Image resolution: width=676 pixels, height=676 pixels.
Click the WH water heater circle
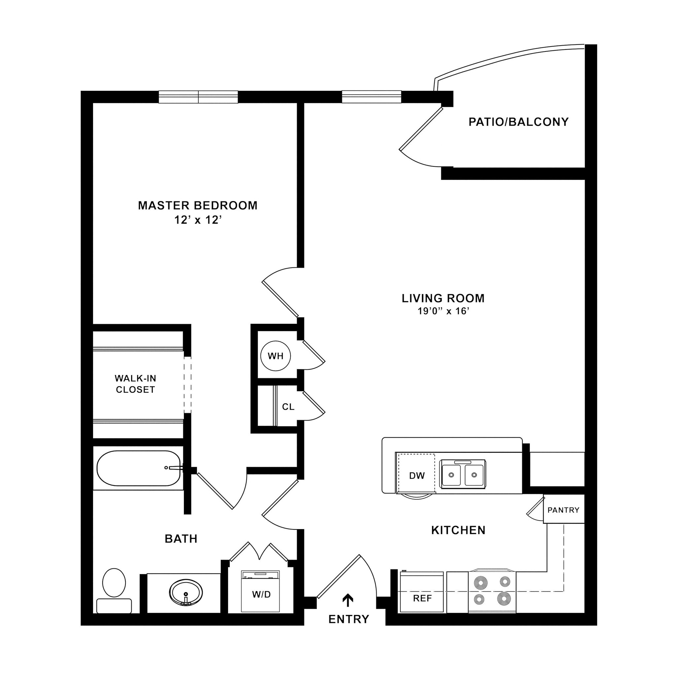coord(276,356)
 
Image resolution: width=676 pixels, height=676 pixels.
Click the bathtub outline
coord(139,468)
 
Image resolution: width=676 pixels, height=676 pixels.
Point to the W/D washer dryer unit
coord(261,591)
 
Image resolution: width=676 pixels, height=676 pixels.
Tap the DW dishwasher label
coord(417,476)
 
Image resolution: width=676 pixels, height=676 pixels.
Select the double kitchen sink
coord(462,474)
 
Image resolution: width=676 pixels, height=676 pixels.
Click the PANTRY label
coord(563,510)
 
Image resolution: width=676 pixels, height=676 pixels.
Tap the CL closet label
coord(288,407)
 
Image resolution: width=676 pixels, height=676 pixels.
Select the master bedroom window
coord(198,97)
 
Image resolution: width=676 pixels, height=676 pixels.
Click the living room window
coord(371,97)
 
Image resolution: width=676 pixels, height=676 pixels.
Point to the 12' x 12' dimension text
coord(198,220)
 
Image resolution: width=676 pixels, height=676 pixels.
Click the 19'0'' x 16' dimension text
coord(443,311)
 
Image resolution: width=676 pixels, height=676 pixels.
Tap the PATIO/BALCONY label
coord(519,122)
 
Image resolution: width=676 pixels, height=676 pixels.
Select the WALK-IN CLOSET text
coord(135,384)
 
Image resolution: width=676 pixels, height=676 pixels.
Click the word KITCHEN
coord(458,530)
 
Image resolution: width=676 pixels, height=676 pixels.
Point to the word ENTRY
coord(349,619)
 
